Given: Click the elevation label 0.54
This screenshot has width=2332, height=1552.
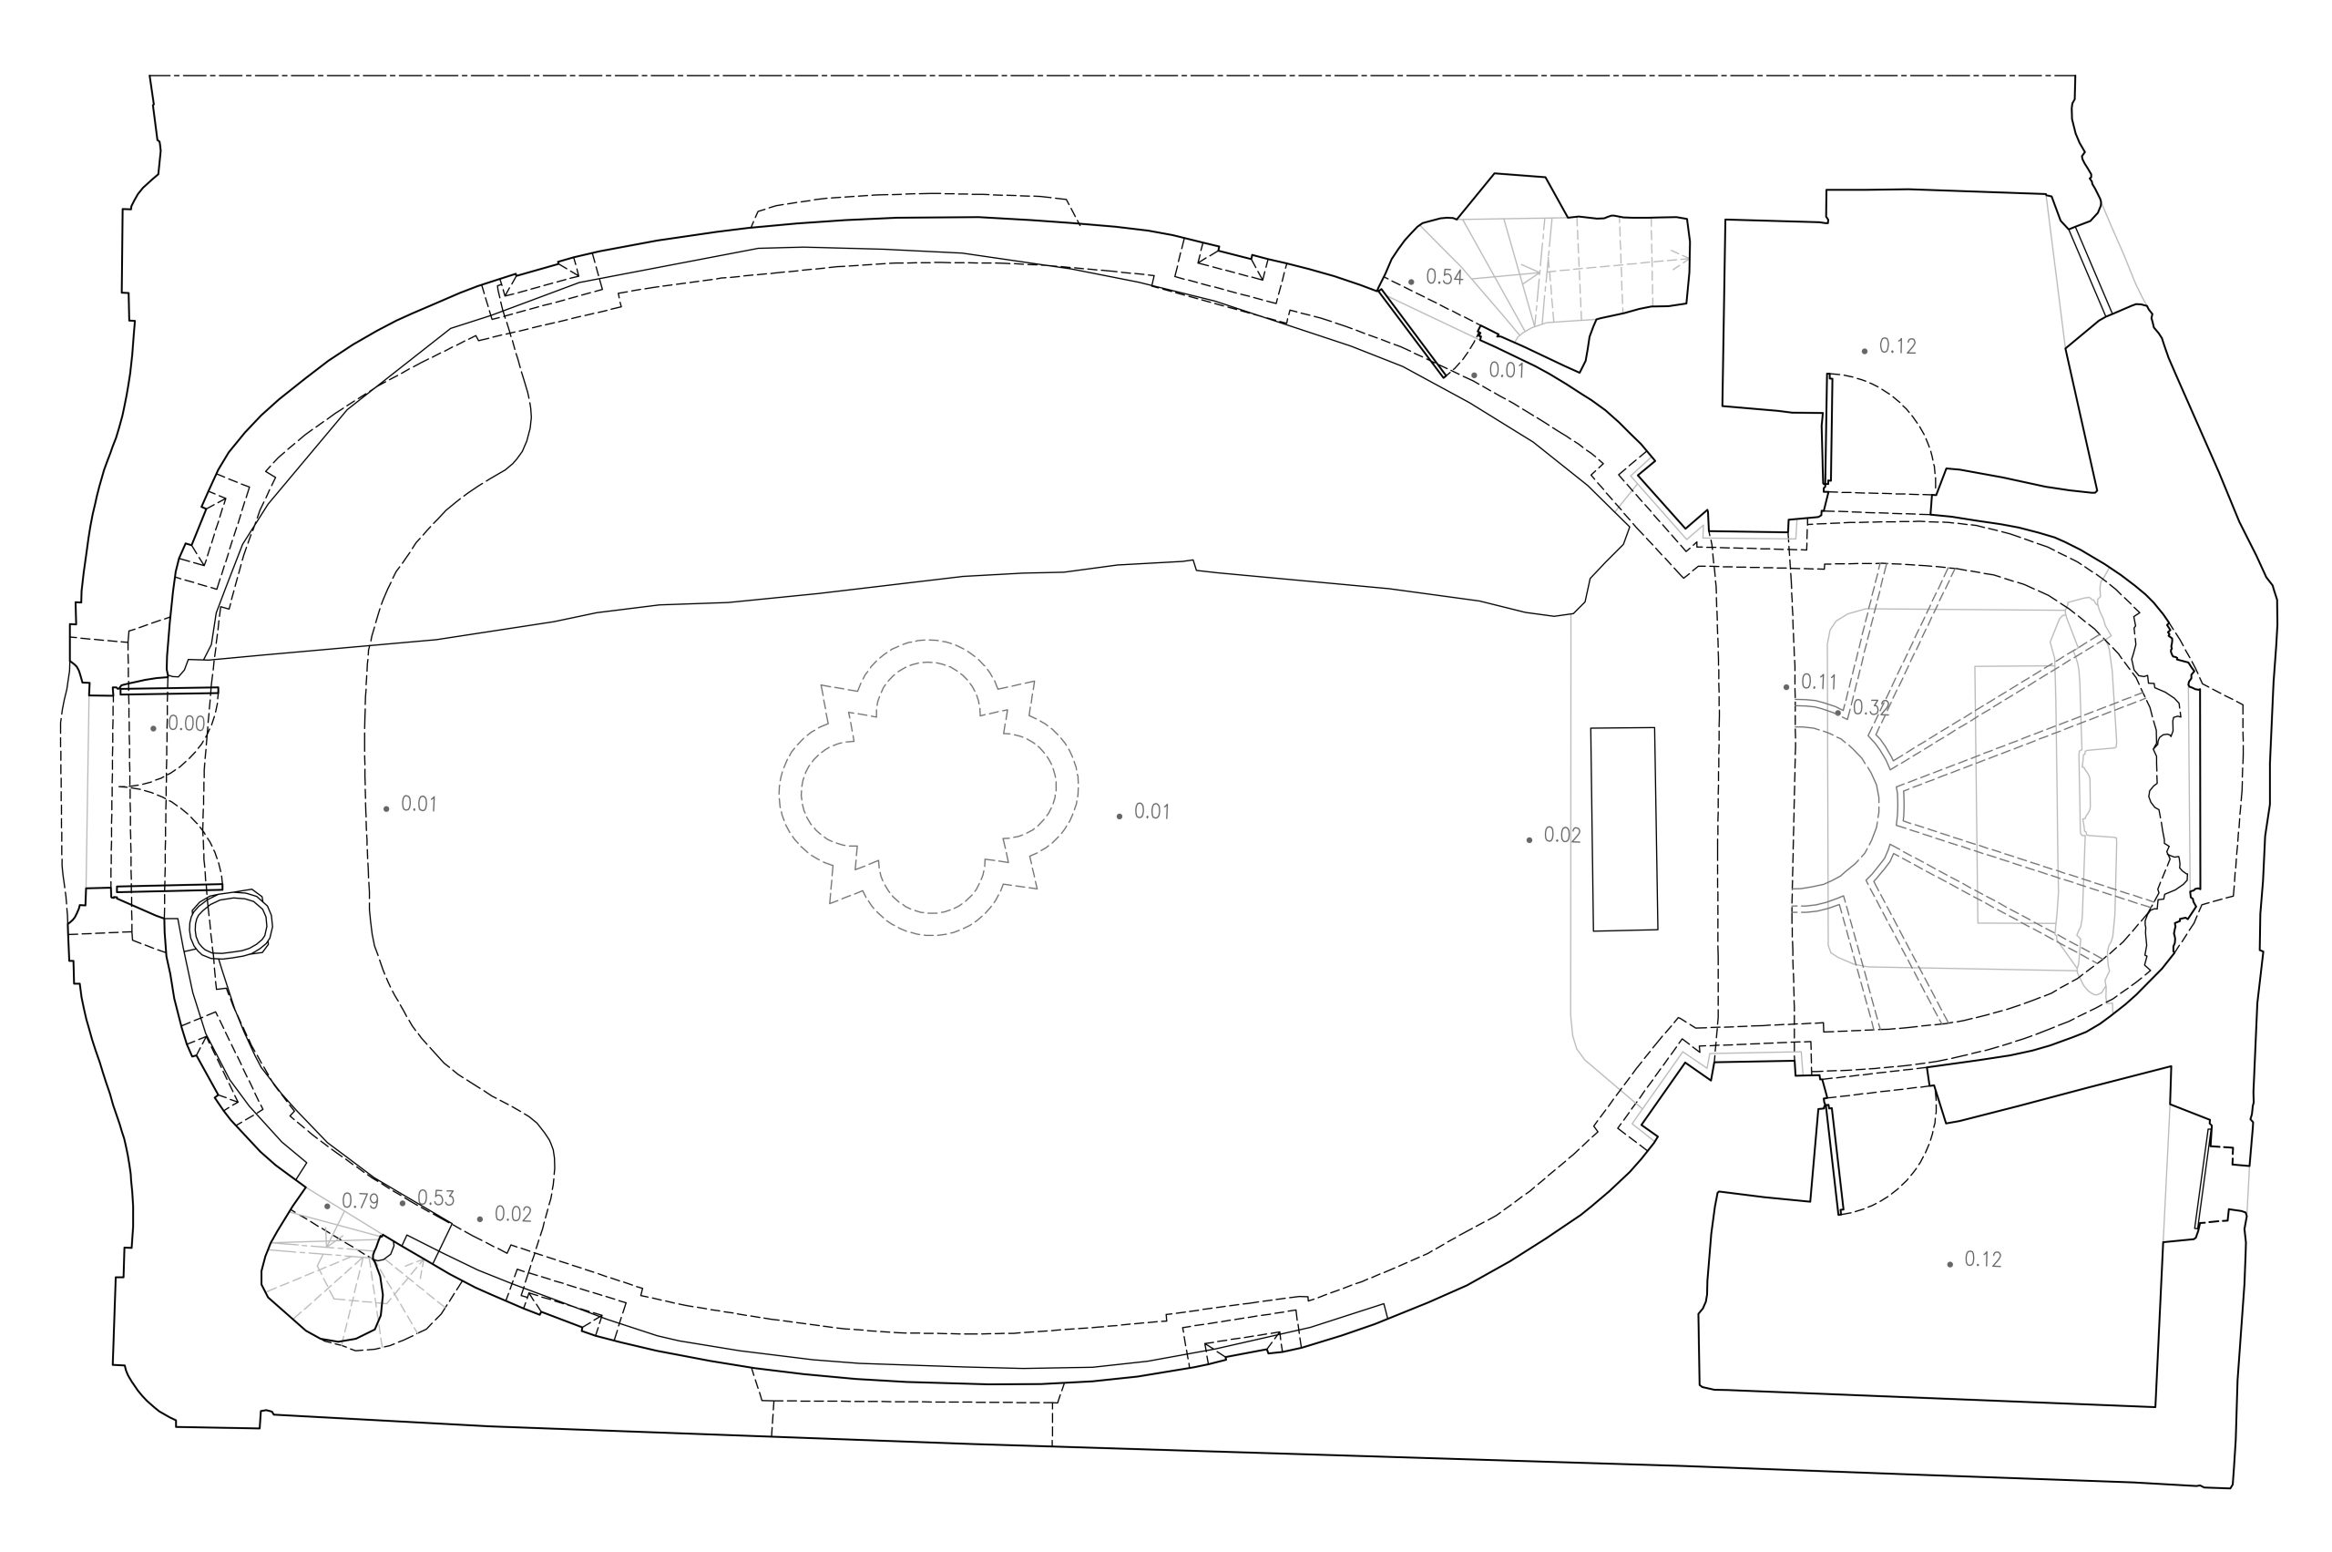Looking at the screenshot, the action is (1445, 277).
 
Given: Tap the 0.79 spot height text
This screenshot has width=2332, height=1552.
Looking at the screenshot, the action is (360, 1202).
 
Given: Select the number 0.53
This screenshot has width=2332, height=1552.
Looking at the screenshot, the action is (436, 1198).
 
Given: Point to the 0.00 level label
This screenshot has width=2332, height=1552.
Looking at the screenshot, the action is (186, 724).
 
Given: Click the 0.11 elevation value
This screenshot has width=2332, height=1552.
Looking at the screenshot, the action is (1818, 682).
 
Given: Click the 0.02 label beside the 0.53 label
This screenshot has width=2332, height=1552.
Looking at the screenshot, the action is (513, 1215).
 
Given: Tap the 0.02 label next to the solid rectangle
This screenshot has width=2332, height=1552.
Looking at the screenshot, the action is (1562, 836).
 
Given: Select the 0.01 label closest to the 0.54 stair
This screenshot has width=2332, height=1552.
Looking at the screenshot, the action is (1507, 371).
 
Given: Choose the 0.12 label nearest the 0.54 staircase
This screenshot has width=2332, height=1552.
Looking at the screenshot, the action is (1897, 346).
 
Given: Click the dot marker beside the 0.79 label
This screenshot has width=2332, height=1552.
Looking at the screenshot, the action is (328, 1207).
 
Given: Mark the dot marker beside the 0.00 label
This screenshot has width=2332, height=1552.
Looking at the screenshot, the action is (153, 728).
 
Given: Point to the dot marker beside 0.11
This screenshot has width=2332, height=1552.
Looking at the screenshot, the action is (1785, 687).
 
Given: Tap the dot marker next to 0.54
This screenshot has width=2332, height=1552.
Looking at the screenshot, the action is (1411, 283).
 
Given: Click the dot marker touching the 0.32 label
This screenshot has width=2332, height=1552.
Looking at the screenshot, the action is (1838, 713).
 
